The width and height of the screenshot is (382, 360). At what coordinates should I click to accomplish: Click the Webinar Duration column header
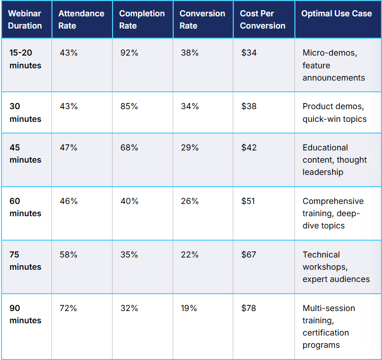[25, 19]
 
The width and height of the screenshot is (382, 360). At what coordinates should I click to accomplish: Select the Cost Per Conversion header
[262, 19]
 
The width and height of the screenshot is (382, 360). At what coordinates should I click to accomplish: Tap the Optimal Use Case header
[336, 14]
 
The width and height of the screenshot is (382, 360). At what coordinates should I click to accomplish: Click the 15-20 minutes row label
[25, 59]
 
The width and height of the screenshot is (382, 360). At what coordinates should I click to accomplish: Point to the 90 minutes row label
[25, 314]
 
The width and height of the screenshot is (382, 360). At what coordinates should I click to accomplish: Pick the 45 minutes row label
[25, 153]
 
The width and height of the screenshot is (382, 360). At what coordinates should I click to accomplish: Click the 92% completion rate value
[129, 53]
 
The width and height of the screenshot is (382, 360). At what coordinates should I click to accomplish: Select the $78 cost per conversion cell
[249, 308]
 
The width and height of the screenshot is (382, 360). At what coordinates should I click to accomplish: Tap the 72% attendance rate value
[68, 308]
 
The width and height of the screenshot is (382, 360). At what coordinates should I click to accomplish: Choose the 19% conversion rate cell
[189, 308]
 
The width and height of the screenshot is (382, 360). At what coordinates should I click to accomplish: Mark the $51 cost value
[249, 201]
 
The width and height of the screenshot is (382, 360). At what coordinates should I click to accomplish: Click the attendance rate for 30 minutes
[68, 107]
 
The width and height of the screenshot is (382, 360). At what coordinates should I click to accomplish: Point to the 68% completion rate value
[129, 147]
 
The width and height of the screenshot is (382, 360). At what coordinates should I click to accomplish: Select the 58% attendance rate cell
[68, 254]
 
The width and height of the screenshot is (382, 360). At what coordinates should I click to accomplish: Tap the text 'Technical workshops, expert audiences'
[336, 267]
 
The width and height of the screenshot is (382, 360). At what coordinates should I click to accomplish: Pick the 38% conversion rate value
[189, 53]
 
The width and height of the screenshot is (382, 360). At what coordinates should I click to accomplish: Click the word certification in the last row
[325, 332]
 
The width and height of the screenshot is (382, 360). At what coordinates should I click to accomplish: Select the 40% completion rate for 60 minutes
[129, 201]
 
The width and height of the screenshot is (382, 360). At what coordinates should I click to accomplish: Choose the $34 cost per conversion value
[249, 53]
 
